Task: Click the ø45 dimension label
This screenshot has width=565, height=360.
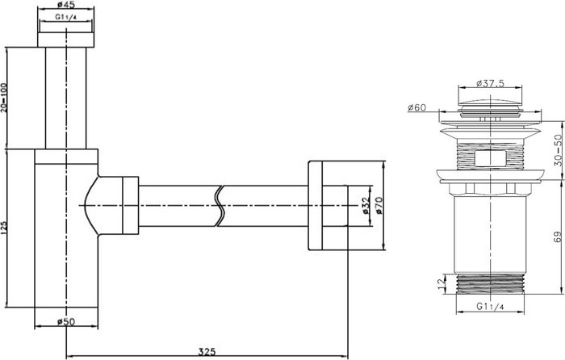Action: point(65,4)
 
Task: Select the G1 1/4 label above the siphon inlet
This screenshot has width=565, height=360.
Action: point(66,17)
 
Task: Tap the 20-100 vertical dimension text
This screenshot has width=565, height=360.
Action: point(4,98)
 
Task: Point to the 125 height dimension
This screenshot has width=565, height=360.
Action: point(4,228)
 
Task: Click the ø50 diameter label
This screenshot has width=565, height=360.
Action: point(66,321)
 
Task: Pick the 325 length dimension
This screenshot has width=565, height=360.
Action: point(207,351)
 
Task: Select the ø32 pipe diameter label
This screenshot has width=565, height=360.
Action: point(366,206)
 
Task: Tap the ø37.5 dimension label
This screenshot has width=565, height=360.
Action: point(490,83)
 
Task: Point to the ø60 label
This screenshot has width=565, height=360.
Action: point(417,107)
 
